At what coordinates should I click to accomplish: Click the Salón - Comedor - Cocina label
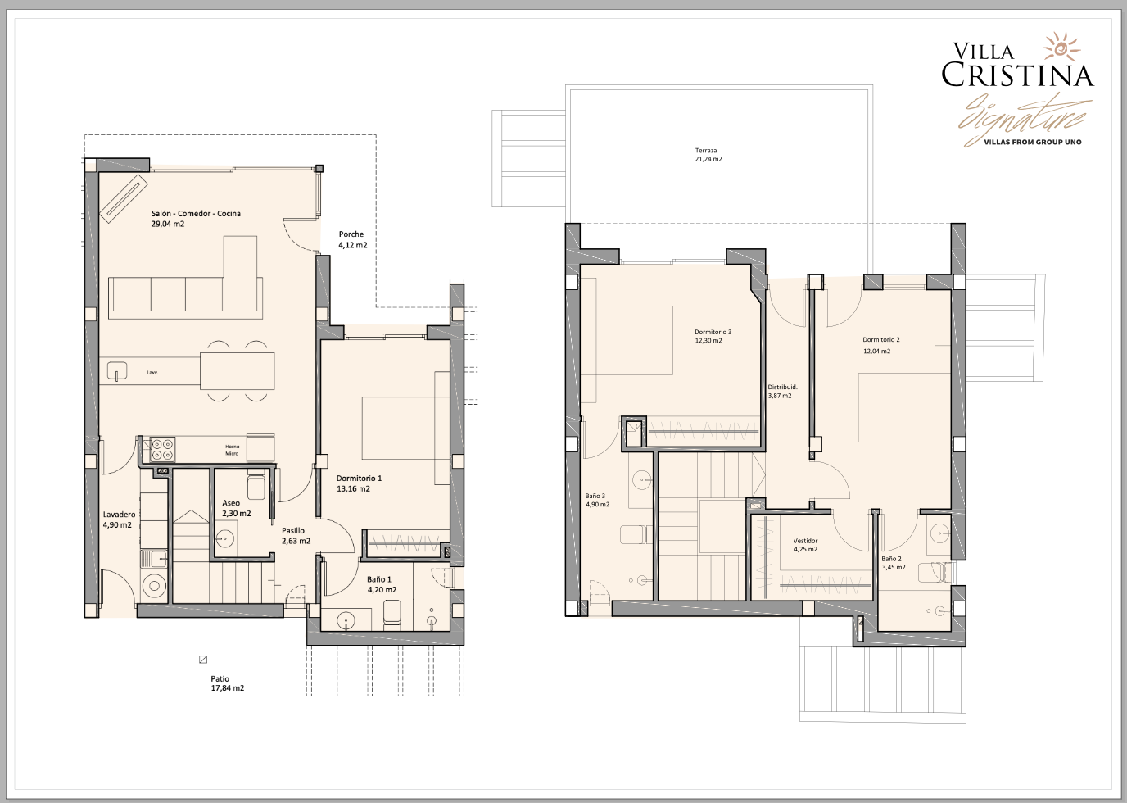[x=196, y=219]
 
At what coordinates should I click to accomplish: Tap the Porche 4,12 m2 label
[x=353, y=239]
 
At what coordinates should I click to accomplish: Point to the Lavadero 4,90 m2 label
[x=119, y=519]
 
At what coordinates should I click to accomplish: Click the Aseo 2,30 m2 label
[x=236, y=508]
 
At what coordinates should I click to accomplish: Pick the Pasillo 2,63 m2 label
[x=296, y=536]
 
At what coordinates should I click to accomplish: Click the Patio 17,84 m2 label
[x=228, y=683]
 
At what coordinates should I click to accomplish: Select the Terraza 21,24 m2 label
[x=708, y=155]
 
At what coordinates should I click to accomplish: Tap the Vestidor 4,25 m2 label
[x=805, y=545]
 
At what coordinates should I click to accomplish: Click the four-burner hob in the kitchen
[x=162, y=450]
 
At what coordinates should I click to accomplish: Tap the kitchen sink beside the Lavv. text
[x=117, y=372]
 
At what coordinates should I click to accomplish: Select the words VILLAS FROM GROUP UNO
[x=1033, y=142]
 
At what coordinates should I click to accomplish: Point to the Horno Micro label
[x=232, y=450]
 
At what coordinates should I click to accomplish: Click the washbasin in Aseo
[x=224, y=540]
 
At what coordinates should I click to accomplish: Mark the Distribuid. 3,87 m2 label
[x=782, y=392]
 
